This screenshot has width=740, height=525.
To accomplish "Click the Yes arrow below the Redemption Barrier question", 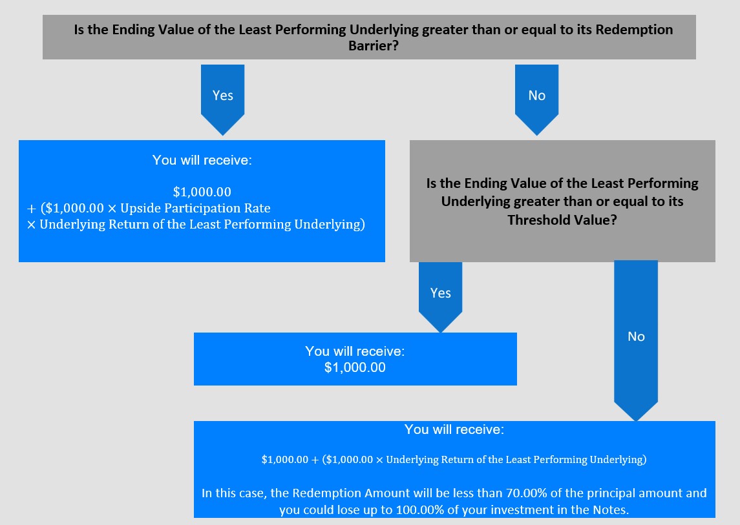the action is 223,99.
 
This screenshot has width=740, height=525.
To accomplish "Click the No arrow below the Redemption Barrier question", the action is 536,99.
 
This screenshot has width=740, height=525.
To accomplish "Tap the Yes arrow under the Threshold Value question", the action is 440,297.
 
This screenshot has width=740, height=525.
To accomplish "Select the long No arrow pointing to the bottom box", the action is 636,340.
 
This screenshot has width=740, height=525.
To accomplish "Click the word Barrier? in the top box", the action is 374,46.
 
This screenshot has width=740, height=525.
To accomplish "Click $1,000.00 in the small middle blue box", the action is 355,367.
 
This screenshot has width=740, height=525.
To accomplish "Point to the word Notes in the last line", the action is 611,510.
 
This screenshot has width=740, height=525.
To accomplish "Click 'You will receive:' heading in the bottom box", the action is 454,429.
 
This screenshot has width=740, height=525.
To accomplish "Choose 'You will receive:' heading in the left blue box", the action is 202,160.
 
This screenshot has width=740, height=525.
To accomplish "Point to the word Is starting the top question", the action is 79,30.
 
